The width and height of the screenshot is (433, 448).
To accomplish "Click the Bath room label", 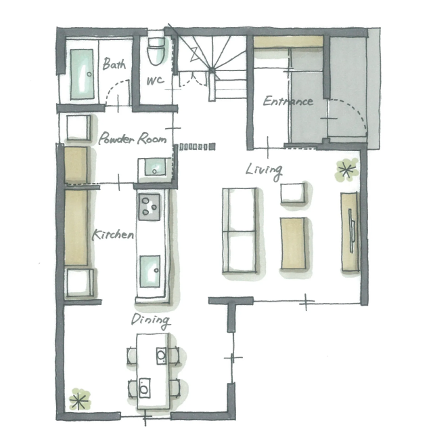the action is (114, 64).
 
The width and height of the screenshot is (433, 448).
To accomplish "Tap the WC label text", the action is (155, 81).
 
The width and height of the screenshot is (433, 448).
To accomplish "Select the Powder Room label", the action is (133, 138).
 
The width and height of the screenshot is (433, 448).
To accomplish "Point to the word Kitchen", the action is (113, 235).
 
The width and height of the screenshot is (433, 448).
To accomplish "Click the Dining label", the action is (151, 321).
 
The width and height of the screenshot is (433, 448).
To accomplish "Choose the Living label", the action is (264, 171).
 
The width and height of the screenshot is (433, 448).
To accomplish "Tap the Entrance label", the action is (288, 101).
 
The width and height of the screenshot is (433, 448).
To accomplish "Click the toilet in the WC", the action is (156, 52).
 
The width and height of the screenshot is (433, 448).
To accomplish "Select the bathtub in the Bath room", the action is (82, 75).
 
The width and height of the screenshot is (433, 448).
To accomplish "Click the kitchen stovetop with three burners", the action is (150, 207).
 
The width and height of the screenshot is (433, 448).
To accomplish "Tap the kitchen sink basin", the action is (150, 271).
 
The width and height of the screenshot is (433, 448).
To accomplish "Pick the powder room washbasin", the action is (155, 167).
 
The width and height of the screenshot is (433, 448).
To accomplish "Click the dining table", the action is (153, 371).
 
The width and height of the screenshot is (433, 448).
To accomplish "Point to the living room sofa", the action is (240, 230).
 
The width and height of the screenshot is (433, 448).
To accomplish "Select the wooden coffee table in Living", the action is (293, 243).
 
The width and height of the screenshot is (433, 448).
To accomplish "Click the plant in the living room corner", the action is (346, 170).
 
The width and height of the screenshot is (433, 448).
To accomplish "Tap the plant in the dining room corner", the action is (80, 399).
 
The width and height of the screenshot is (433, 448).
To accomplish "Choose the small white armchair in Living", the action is (293, 193).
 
